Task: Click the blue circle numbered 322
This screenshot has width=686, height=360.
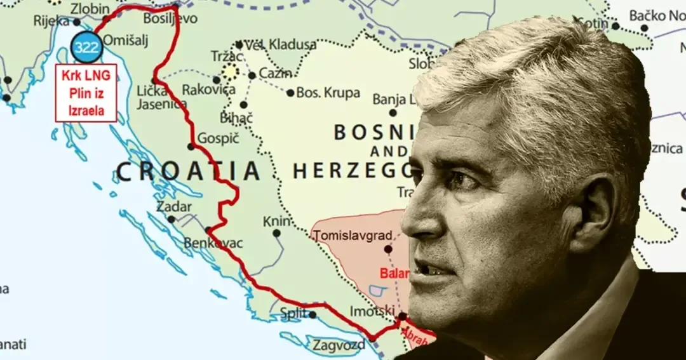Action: pos(86,46)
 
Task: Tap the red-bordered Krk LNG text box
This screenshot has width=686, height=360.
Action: pos(86,93)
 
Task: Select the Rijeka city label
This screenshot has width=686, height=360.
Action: pos(51,21)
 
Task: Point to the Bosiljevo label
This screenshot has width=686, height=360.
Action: pos(170,18)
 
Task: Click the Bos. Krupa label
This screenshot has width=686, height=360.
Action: pos(328,93)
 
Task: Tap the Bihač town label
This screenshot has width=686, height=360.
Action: pos(236,117)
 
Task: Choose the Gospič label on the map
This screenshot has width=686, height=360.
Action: pos(218,138)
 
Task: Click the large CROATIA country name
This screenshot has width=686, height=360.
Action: pos(189,171)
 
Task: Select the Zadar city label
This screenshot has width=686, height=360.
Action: pos(173,207)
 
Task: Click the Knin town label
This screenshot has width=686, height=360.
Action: pos(277,222)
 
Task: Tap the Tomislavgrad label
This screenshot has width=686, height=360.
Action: pos(353,236)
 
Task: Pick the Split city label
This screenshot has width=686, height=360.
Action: pos(293,313)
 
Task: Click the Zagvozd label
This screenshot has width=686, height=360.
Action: pos(339,345)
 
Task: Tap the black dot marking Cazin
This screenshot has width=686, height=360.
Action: pos(252,76)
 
